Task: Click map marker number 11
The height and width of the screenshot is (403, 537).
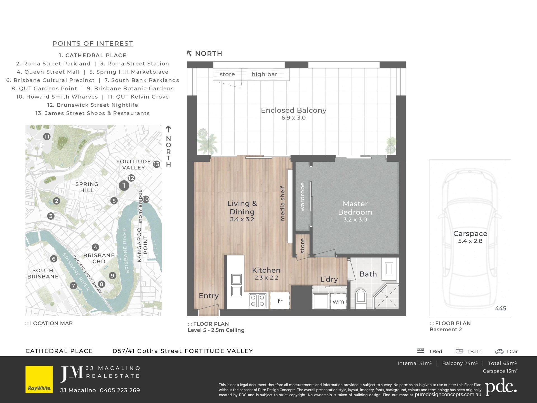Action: click(x=47, y=137)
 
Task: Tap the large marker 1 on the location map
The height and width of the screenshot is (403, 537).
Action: click(x=124, y=185)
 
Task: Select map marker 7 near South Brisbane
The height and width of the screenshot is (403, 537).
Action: click(x=73, y=285)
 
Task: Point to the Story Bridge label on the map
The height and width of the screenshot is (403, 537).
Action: click(x=140, y=206)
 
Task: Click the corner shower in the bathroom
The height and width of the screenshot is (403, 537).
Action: click(x=386, y=296)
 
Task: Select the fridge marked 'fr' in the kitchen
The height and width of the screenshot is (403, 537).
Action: click(x=280, y=301)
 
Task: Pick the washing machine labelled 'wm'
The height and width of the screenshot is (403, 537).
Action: click(x=338, y=301)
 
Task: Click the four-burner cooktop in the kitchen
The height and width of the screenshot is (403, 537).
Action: click(x=258, y=301)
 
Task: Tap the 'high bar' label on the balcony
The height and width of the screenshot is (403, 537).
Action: click(x=264, y=74)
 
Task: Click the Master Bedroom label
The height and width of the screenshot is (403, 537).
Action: click(x=355, y=208)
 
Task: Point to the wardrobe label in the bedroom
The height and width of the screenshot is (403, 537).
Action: click(x=302, y=197)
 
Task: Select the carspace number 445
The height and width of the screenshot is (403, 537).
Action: click(x=501, y=308)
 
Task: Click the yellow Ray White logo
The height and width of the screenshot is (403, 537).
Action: click(x=39, y=379)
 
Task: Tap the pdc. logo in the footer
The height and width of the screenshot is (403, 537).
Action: click(x=501, y=387)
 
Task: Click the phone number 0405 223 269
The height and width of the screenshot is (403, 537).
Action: click(x=120, y=390)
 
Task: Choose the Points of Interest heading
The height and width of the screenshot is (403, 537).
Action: click(x=93, y=44)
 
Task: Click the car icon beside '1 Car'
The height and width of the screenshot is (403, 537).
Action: click(x=499, y=351)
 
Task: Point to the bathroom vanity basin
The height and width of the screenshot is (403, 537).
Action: click(x=389, y=269)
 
